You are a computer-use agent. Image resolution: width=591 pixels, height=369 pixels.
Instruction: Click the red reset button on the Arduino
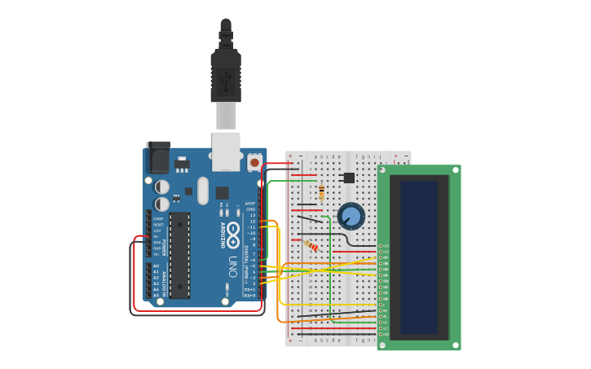254,163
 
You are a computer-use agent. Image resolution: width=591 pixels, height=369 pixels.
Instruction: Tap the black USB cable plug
226,73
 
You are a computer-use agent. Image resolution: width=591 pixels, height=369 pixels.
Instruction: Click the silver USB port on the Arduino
226,151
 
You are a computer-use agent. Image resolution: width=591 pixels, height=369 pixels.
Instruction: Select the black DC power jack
158,157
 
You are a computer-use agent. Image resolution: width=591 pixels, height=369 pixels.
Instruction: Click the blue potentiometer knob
351,216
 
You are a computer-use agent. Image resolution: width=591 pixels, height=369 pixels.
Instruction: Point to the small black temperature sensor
349,178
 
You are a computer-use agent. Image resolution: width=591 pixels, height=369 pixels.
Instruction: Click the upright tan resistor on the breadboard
321,192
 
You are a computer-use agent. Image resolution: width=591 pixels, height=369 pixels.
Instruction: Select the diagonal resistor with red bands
311,245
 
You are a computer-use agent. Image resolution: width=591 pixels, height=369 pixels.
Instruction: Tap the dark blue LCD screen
419,257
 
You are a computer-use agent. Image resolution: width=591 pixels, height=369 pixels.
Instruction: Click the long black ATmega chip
179,255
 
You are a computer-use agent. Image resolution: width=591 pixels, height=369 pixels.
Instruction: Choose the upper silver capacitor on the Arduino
162,187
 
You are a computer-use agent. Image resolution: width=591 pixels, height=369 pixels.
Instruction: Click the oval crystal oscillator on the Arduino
202,192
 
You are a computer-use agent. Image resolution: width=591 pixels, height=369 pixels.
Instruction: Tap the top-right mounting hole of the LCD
455,170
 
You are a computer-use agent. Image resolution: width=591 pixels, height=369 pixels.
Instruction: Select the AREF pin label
250,203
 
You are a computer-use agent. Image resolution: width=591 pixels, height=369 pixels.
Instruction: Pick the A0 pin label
156,266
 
